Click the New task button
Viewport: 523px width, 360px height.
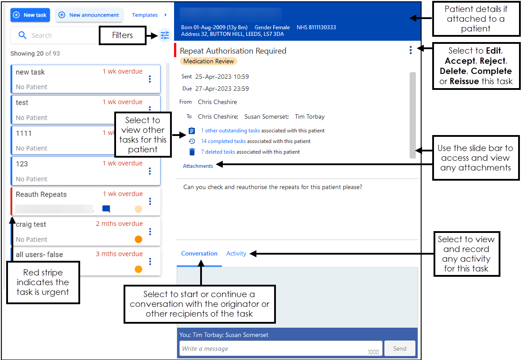pos(30,15)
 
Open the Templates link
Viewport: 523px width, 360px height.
pos(145,15)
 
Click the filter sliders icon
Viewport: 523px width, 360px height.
pos(165,35)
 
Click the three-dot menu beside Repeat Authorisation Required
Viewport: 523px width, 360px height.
pos(411,50)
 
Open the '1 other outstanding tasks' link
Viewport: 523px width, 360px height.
pos(230,131)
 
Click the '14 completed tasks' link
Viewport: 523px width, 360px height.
pos(223,141)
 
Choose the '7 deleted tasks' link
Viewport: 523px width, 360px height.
pos(218,152)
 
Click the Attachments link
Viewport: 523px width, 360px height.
pos(198,166)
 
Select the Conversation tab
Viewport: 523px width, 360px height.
pos(199,254)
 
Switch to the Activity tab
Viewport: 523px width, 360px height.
pos(236,254)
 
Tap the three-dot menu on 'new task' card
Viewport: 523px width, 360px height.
pos(150,79)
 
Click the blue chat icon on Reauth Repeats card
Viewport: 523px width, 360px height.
pos(106,209)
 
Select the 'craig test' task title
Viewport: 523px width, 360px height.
pos(31,225)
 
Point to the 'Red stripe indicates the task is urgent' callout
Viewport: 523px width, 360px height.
pos(43,282)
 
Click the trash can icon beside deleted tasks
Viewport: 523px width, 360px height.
pos(192,152)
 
